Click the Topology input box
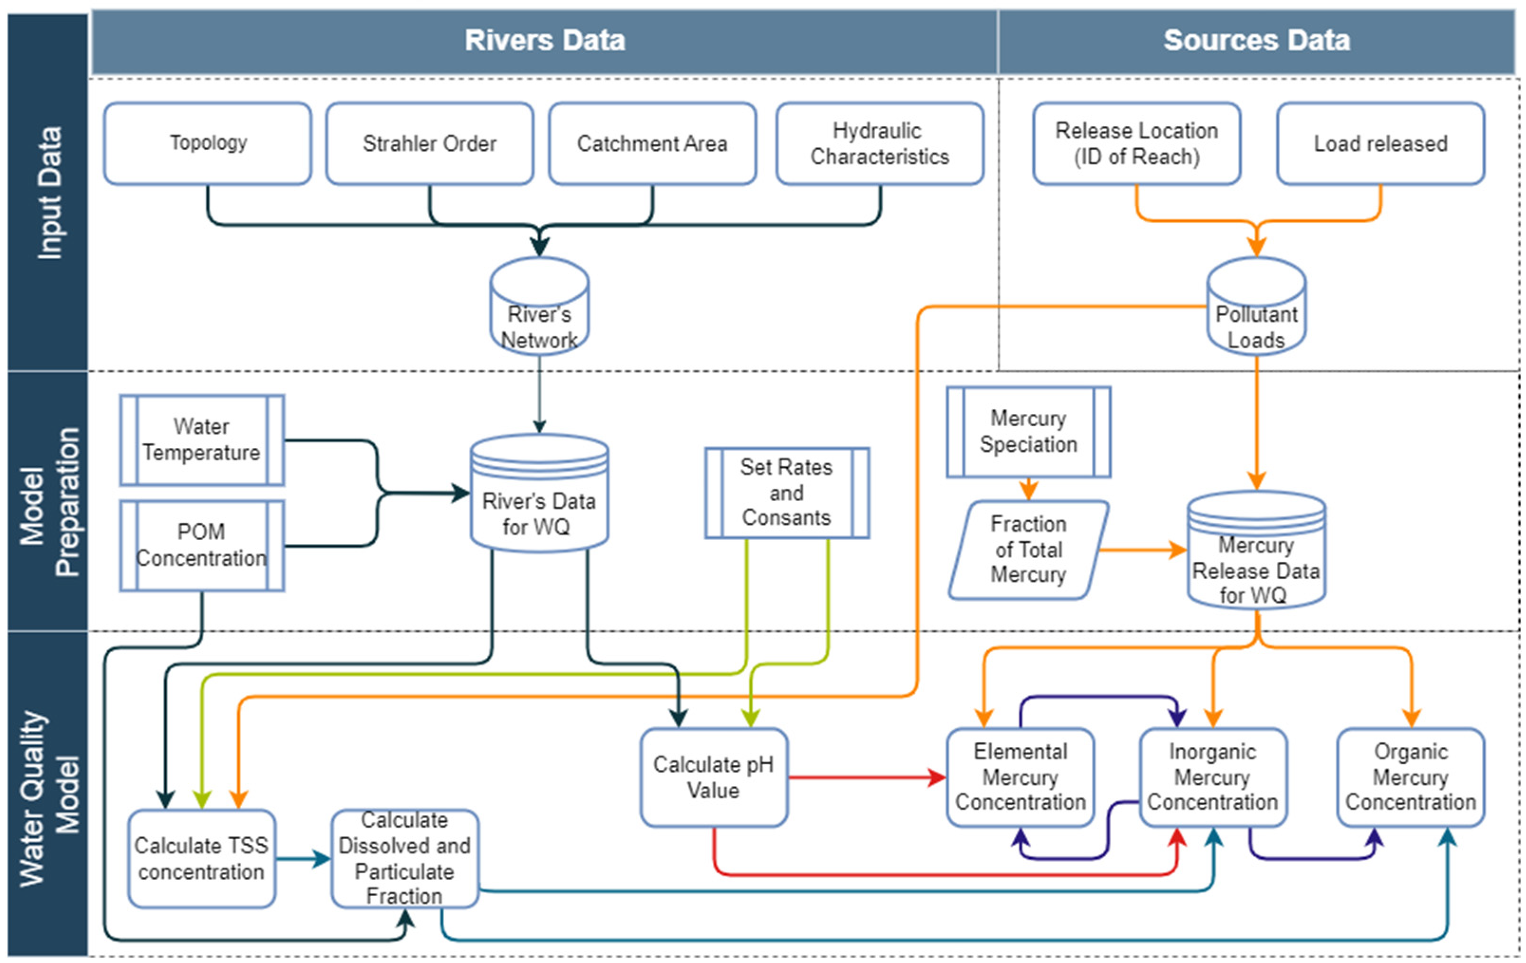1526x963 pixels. (208, 143)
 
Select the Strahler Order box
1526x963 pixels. (430, 143)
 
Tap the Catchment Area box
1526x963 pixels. (652, 143)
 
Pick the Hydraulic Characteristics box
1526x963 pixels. (880, 143)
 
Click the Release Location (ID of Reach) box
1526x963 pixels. (1136, 143)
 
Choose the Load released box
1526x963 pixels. (1380, 143)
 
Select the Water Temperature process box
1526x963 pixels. (202, 439)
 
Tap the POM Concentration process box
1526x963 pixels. (202, 545)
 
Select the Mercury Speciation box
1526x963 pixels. (1028, 431)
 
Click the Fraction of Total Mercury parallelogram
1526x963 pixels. (1028, 549)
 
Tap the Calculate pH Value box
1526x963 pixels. (713, 777)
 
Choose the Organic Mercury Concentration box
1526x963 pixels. (1411, 777)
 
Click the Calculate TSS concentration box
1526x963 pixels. (202, 859)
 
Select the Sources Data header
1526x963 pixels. (1256, 40)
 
